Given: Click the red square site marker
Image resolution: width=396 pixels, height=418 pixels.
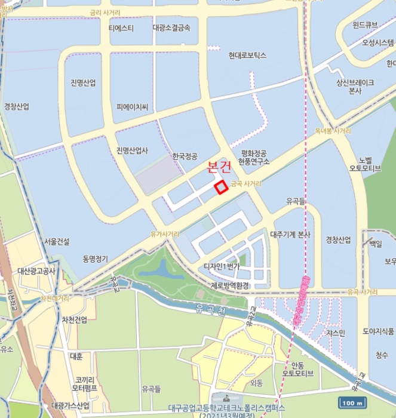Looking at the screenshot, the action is [221, 187].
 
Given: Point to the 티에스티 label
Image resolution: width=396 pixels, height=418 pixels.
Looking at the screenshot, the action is [121, 28].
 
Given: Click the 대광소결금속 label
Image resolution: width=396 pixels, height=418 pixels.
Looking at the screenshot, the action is [171, 27].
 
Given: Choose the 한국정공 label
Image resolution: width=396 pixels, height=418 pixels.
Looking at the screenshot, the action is [185, 156].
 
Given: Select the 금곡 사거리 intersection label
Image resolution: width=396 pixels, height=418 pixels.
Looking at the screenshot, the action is [245, 183].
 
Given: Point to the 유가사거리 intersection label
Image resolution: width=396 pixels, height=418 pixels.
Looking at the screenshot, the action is [164, 234].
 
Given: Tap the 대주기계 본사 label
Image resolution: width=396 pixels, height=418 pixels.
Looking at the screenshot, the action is [290, 235].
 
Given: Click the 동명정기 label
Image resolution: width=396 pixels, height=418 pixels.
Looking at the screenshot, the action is [96, 259].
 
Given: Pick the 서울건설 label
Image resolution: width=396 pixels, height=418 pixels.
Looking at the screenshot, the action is [57, 242].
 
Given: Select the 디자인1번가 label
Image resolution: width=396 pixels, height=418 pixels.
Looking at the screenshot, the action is [222, 266].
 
